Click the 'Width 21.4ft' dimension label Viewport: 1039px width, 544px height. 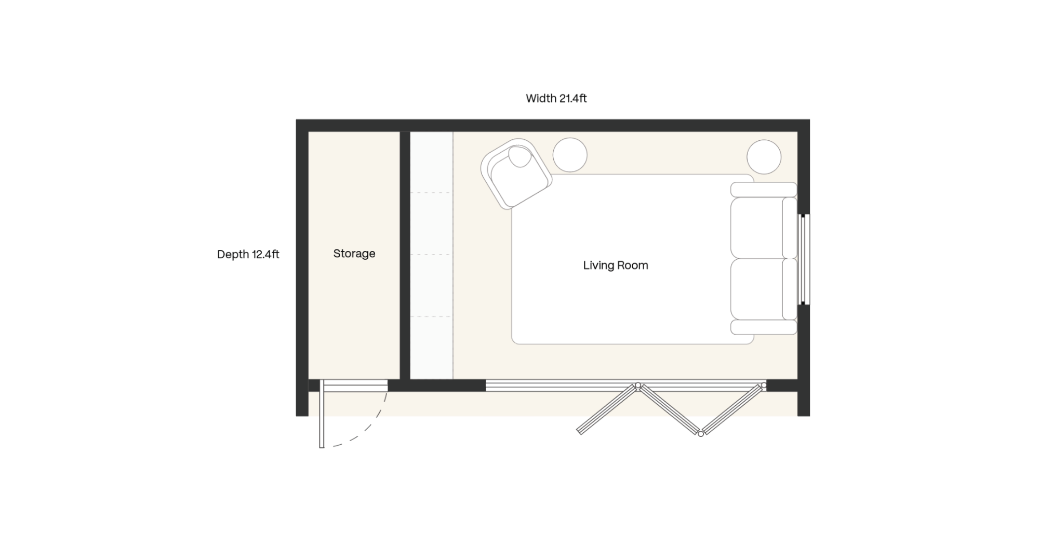[x=556, y=98]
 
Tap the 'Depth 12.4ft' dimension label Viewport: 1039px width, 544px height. [x=248, y=254]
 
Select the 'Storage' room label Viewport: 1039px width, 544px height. [x=354, y=254]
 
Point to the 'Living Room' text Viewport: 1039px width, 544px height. [x=616, y=266]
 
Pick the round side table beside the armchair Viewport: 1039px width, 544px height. [x=570, y=155]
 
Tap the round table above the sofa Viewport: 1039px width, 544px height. [x=764, y=156]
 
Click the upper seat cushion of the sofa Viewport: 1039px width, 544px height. [x=756, y=228]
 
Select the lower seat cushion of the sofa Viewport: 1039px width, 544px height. [x=756, y=289]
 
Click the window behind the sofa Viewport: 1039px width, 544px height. [x=804, y=259]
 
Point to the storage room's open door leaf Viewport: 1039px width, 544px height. [x=322, y=414]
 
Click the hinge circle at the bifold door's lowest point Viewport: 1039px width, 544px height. [x=701, y=433]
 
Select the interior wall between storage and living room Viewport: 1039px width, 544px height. [x=405, y=255]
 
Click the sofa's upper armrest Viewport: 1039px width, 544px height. [x=764, y=190]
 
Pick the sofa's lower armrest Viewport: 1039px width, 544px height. [x=764, y=327]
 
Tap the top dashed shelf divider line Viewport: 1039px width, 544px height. [x=431, y=193]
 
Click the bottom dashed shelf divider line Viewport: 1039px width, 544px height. [x=431, y=316]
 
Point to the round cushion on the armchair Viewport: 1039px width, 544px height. [x=521, y=156]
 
